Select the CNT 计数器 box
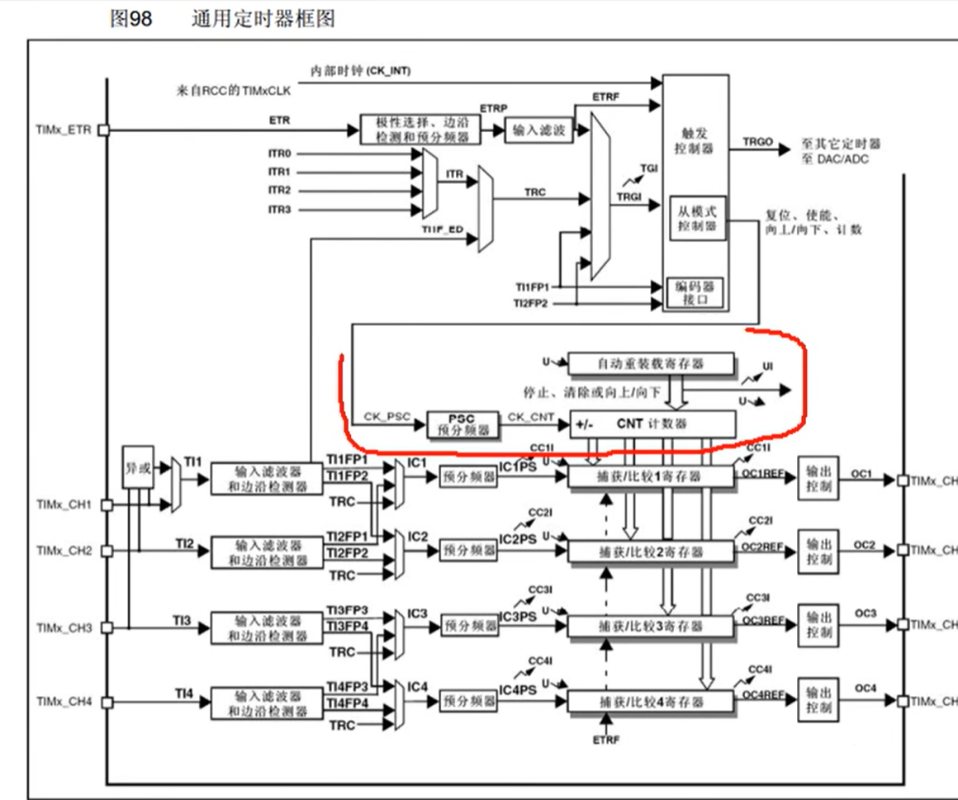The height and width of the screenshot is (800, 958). (x=652, y=424)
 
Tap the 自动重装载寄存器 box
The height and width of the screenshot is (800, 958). (x=651, y=362)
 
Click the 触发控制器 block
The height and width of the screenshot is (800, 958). (x=696, y=140)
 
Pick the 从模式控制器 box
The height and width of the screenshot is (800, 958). (x=696, y=217)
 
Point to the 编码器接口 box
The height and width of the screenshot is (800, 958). (x=696, y=292)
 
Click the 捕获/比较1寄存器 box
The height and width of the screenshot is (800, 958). (x=651, y=477)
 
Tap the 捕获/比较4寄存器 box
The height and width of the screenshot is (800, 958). (x=651, y=702)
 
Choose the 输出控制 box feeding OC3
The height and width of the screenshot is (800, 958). (x=819, y=626)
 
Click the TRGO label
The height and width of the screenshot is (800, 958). (x=758, y=142)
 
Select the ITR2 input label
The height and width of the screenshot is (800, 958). (x=280, y=190)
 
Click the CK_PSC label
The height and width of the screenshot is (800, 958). (x=387, y=417)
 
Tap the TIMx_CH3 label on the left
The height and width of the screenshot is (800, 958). (x=64, y=627)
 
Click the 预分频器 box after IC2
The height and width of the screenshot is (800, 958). (x=469, y=549)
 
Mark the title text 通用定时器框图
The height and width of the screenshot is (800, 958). (x=263, y=18)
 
